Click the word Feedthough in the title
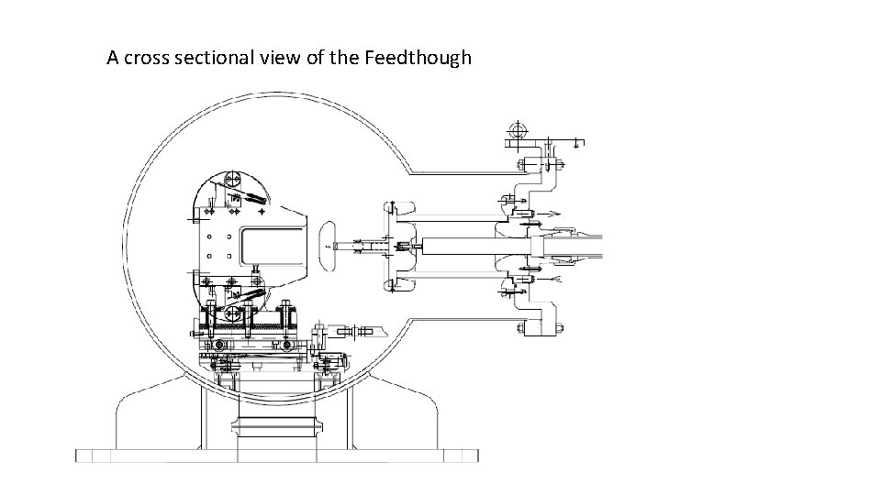pyautogui.click(x=418, y=59)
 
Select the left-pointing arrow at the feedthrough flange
pyautogui.click(x=547, y=276)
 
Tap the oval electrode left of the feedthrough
pyautogui.click(x=327, y=245)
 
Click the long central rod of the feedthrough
pyautogui.click(x=459, y=245)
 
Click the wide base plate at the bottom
pyautogui.click(x=275, y=456)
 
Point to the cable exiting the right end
pyautogui.click(x=587, y=245)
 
